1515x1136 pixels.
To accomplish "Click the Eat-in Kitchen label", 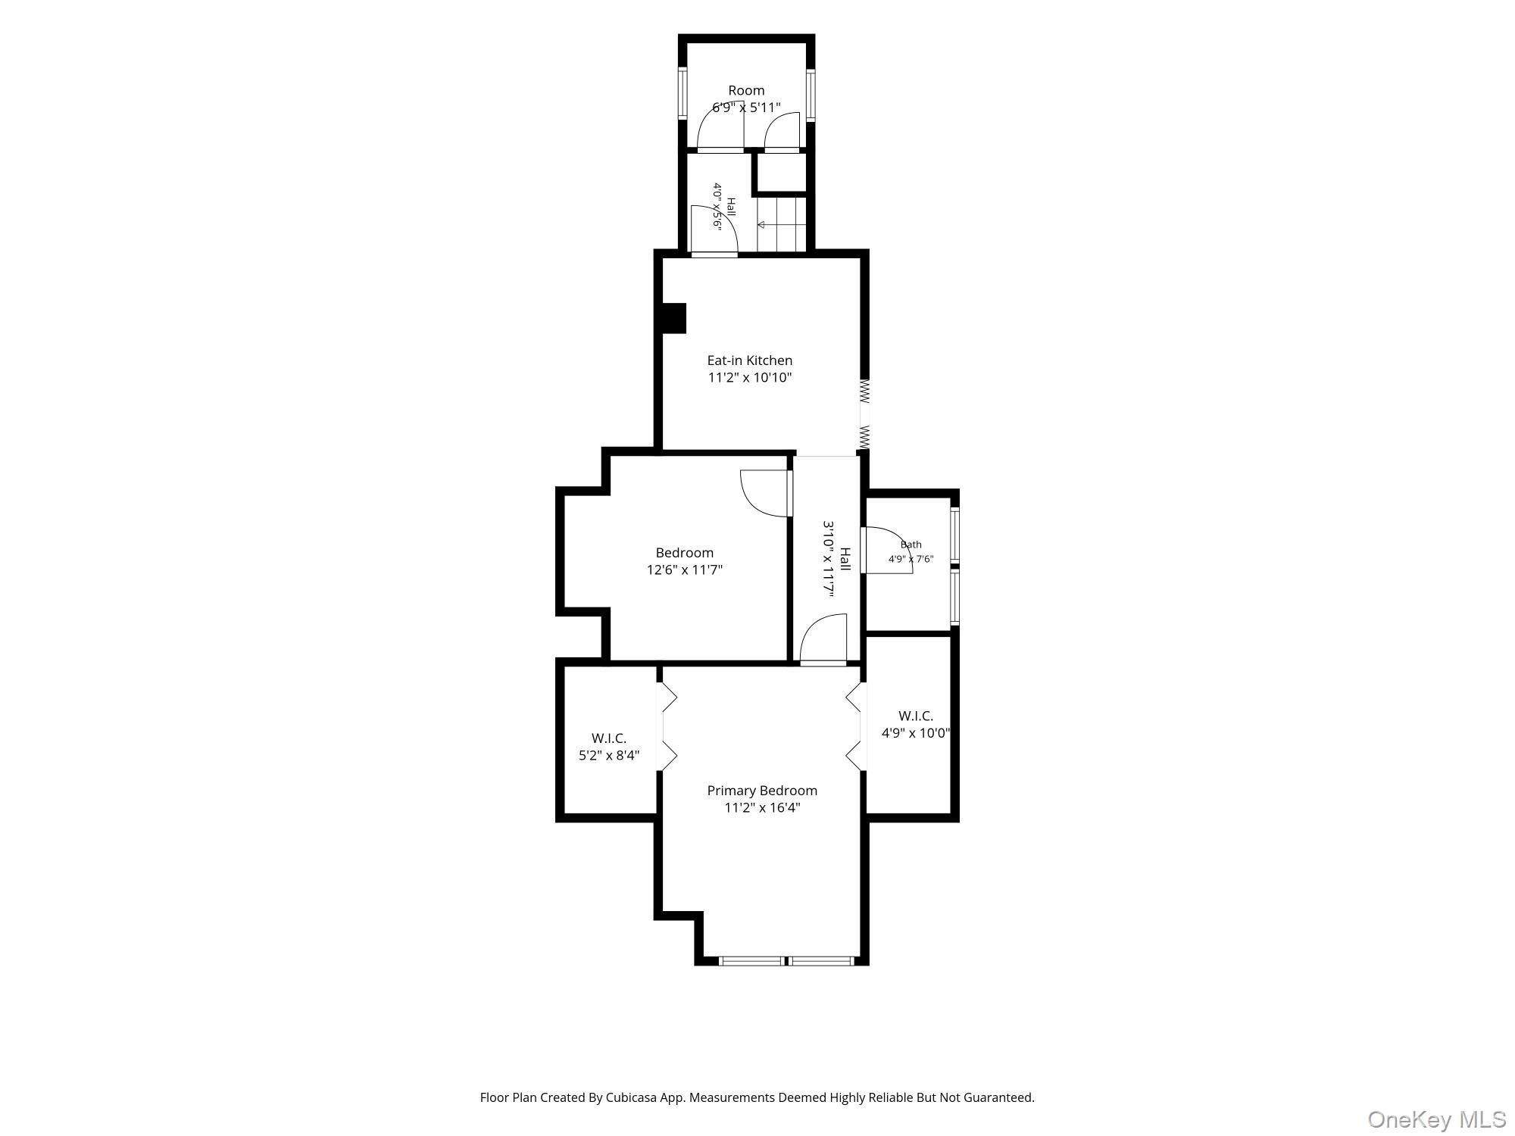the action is [x=749, y=360].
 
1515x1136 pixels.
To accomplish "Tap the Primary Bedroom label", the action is [x=762, y=791].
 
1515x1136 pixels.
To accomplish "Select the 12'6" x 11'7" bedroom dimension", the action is [x=685, y=570].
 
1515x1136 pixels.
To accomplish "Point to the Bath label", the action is [x=911, y=545].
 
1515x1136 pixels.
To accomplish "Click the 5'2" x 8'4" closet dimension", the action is [x=609, y=755].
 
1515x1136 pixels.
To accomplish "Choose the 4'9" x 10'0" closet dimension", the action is [x=916, y=733].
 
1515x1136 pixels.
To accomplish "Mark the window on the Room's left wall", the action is [x=683, y=95].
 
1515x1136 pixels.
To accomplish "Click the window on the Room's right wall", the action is [x=811, y=95].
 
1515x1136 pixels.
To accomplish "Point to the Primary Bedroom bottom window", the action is [x=786, y=961].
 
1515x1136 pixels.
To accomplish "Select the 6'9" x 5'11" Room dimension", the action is [x=746, y=108].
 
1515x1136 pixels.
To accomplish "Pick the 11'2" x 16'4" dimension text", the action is [x=762, y=807].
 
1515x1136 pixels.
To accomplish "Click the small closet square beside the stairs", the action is [x=782, y=174].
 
